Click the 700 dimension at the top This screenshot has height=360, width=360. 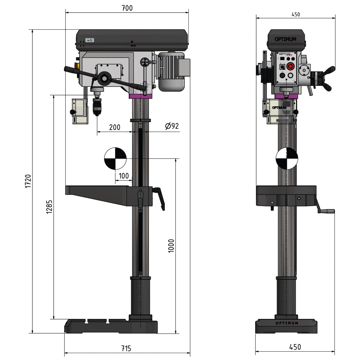tap(127, 8)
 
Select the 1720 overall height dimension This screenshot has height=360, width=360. tap(28, 181)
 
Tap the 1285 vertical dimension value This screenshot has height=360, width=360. tap(49, 207)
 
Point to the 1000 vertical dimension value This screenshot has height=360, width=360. tap(171, 246)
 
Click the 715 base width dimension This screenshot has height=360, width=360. tap(126, 348)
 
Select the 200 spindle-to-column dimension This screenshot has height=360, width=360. tap(115, 127)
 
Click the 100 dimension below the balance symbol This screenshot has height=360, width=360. tap(124, 176)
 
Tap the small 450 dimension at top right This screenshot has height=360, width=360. tap(295, 14)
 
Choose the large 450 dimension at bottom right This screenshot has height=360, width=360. tap(295, 347)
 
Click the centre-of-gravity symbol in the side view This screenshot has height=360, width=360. tap(115, 158)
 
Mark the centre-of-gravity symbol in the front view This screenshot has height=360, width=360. tap(287, 158)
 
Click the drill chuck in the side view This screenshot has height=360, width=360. tap(97, 107)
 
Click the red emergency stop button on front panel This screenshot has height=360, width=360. tap(290, 67)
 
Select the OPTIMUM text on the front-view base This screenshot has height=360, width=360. tap(286, 323)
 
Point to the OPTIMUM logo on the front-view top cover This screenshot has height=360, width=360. tap(285, 39)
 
